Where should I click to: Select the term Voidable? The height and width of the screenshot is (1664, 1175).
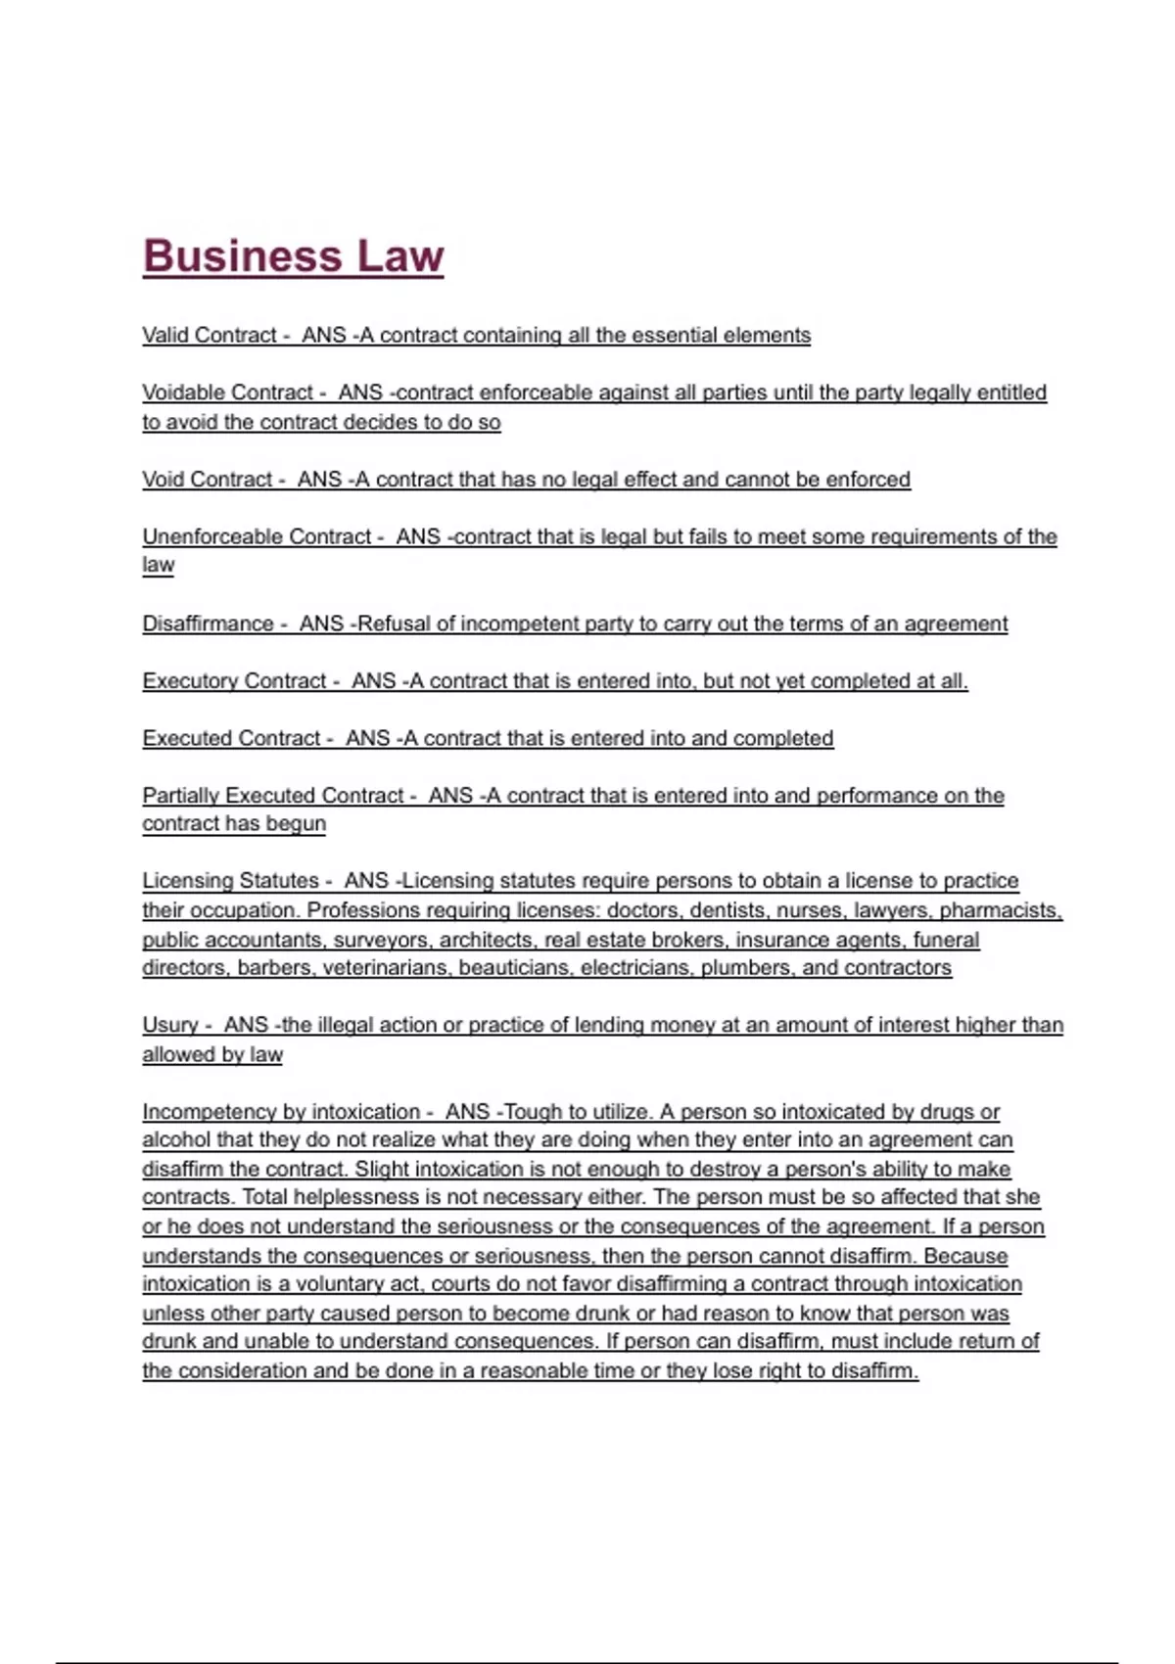coord(185,393)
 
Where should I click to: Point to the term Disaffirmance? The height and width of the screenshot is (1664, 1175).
coord(208,624)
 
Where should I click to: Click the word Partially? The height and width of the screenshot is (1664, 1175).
coord(181,796)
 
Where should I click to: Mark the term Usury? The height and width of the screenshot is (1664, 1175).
coord(170,1025)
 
